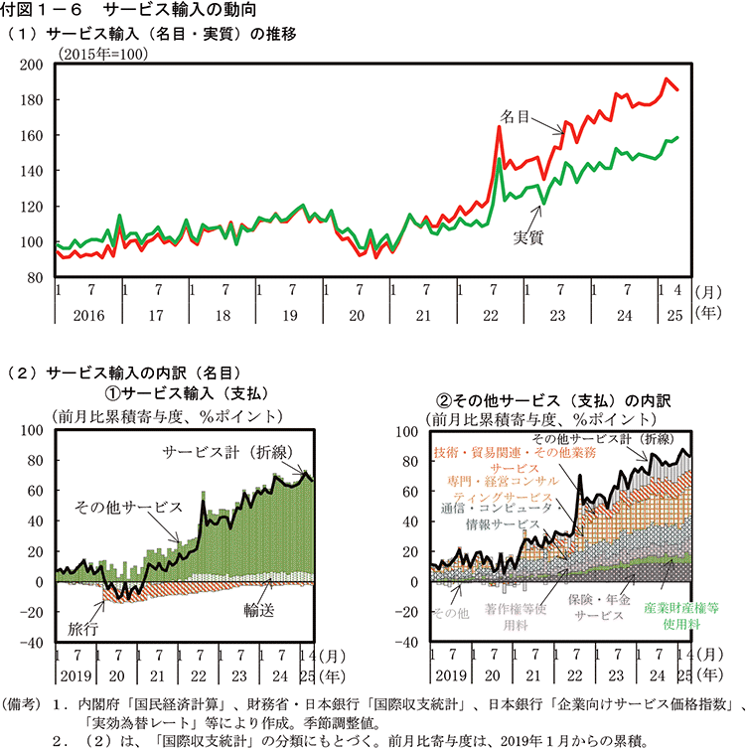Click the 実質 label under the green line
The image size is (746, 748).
tap(527, 236)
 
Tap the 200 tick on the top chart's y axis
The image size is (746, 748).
tap(32, 65)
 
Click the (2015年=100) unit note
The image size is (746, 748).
tap(102, 53)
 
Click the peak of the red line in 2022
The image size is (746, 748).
tap(500, 127)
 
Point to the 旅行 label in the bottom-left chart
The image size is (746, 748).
tap(83, 629)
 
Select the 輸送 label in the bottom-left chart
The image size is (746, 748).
tap(260, 610)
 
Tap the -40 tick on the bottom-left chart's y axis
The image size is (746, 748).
tap(33, 643)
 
